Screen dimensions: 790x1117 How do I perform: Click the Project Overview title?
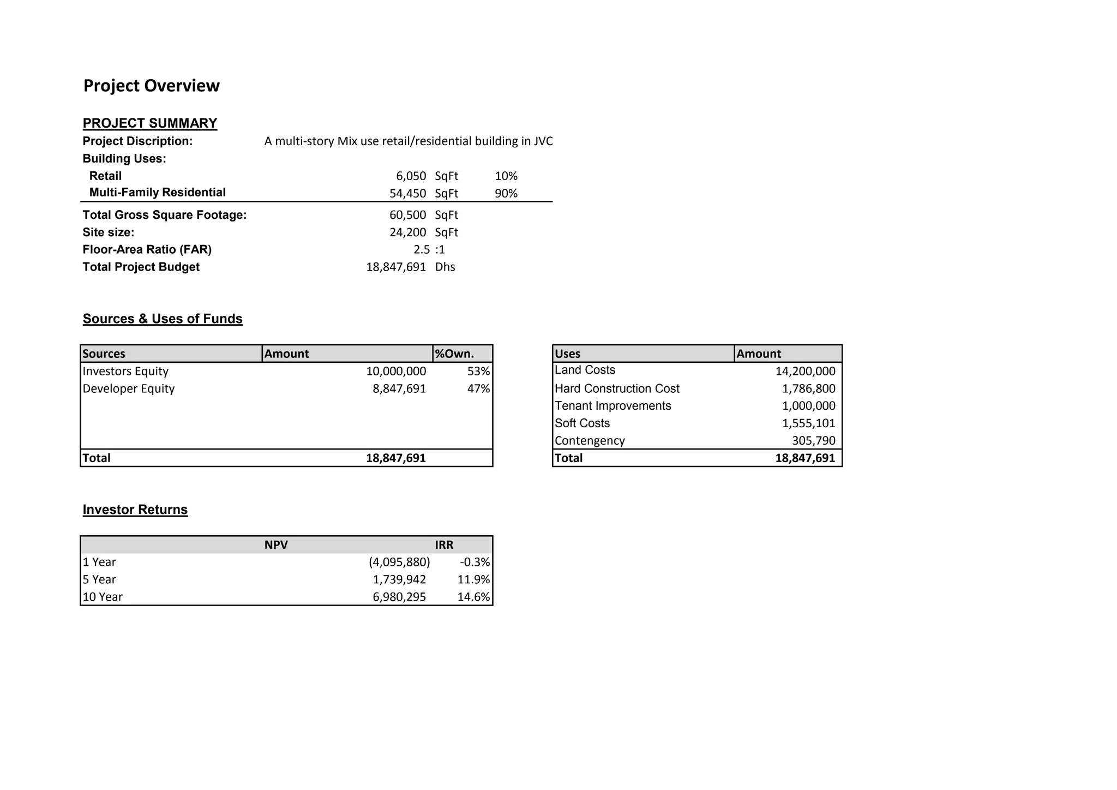(151, 86)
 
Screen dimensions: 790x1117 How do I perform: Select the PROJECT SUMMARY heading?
(149, 123)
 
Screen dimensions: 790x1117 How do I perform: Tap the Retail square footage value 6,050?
(411, 176)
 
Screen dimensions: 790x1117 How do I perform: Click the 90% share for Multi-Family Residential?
(506, 194)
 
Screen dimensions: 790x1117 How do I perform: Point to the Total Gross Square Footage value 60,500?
(407, 216)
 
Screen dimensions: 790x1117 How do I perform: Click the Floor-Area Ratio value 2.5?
(421, 250)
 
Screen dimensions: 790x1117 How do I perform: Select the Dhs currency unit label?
(445, 267)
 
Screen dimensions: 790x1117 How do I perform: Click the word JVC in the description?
(543, 141)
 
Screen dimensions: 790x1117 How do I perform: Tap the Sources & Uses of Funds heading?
(163, 319)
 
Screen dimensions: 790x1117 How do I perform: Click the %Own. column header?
(454, 354)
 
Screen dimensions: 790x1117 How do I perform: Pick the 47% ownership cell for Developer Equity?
(478, 389)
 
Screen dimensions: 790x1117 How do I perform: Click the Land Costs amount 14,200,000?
(805, 372)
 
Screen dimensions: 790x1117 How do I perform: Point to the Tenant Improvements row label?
(612, 406)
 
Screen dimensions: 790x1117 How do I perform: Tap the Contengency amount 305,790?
(813, 441)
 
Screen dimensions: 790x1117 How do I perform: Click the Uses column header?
(567, 354)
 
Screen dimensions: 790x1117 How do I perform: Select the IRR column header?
(444, 545)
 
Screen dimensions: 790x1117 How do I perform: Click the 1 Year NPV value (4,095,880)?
(399, 562)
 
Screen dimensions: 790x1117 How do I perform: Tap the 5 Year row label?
(99, 580)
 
